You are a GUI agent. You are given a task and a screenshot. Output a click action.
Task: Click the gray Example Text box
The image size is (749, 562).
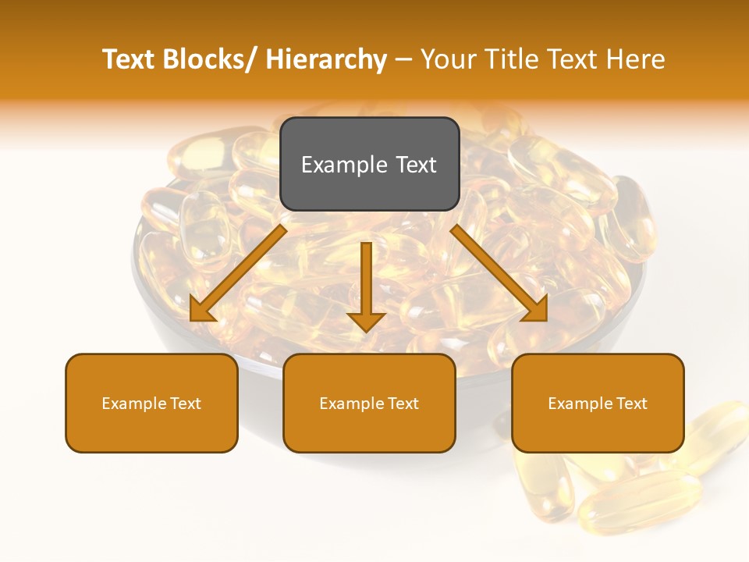[369, 164]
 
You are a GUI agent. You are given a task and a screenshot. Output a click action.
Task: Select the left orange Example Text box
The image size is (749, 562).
[151, 403]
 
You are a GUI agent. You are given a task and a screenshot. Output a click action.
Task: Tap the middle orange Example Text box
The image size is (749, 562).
[369, 403]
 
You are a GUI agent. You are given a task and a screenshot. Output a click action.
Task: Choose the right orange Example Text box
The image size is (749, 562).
[598, 403]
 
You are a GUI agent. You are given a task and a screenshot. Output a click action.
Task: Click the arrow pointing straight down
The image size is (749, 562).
[366, 281]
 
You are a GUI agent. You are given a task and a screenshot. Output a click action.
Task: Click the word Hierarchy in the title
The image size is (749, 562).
[326, 59]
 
